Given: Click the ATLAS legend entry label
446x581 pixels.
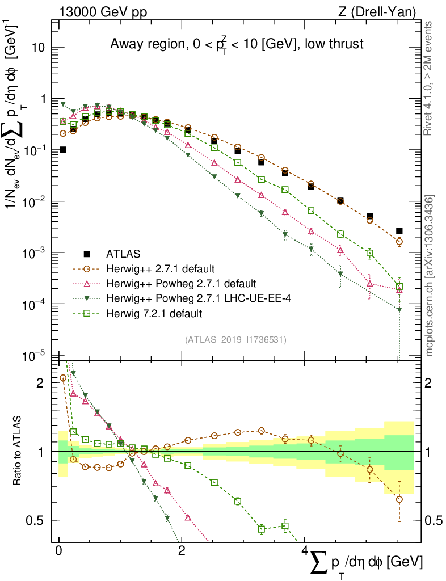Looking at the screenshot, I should [x=123, y=253].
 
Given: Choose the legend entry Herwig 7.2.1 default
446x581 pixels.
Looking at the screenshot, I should [x=154, y=313].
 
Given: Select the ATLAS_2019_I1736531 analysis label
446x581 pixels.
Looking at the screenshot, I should [x=235, y=340].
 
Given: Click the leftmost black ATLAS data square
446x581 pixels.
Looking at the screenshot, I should [x=63, y=150].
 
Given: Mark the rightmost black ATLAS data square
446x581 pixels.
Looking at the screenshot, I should [x=399, y=230].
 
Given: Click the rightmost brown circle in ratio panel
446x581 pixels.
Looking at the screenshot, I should [x=399, y=499].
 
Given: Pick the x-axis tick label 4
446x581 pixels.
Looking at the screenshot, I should [x=305, y=551].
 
